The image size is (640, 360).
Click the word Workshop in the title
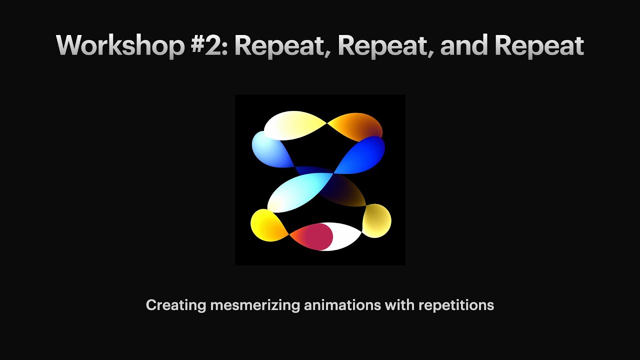[119, 46]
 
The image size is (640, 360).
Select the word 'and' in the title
[463, 46]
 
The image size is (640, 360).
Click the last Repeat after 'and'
[539, 46]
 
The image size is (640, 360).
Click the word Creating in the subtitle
[175, 305]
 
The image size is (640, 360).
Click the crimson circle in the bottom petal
[318, 237]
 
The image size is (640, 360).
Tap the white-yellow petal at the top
[292, 125]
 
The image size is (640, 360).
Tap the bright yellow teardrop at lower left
[267, 225]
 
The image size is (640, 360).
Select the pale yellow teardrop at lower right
[376, 220]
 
